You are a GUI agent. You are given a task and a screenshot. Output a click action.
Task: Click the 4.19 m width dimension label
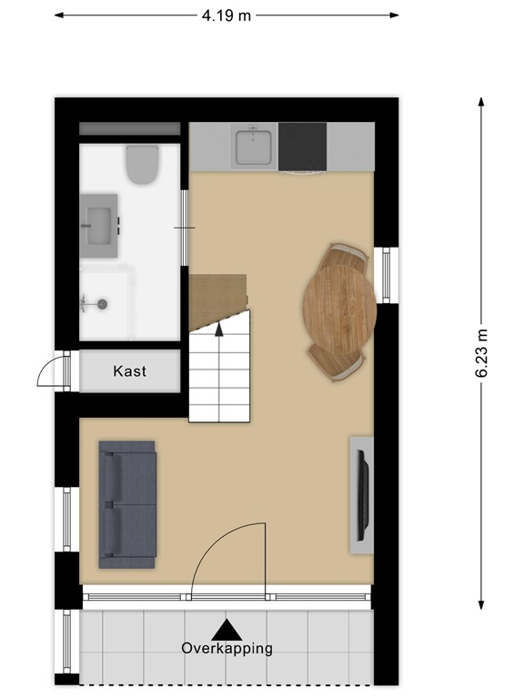[x=226, y=15]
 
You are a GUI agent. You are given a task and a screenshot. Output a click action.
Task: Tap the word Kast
[x=129, y=370]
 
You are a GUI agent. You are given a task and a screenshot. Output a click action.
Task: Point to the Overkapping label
[x=226, y=648]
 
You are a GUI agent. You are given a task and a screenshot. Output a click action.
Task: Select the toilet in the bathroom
[x=143, y=165]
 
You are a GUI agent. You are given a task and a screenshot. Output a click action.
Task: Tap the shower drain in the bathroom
[x=102, y=304]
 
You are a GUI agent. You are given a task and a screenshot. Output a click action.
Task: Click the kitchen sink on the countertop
[x=254, y=147]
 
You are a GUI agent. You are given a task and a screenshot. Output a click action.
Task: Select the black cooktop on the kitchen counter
[x=302, y=147]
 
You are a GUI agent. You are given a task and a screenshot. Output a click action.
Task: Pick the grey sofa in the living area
[x=127, y=504]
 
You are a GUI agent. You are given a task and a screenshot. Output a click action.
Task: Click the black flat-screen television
[x=363, y=495]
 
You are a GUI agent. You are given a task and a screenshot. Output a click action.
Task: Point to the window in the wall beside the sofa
[x=65, y=519]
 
